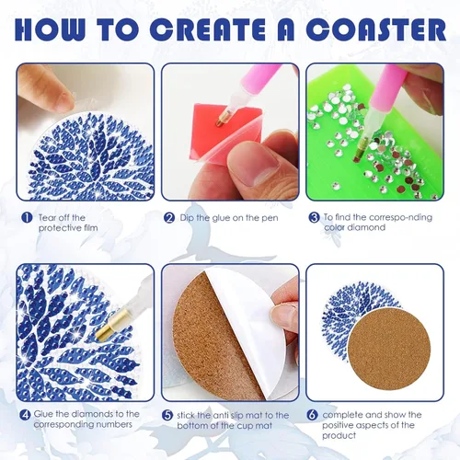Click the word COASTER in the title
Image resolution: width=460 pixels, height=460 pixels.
(x=375, y=29)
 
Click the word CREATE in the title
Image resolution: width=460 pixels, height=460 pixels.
(x=210, y=29)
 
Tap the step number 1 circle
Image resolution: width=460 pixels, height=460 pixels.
(x=28, y=218)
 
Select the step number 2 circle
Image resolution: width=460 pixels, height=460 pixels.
(x=169, y=218)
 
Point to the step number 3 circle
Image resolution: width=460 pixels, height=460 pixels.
(x=314, y=218)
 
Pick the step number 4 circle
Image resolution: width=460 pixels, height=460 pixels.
(x=25, y=415)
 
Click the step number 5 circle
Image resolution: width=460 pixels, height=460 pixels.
(x=167, y=416)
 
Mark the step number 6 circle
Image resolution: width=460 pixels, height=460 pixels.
(x=312, y=415)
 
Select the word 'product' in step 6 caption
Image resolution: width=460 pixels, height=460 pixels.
(x=339, y=436)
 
